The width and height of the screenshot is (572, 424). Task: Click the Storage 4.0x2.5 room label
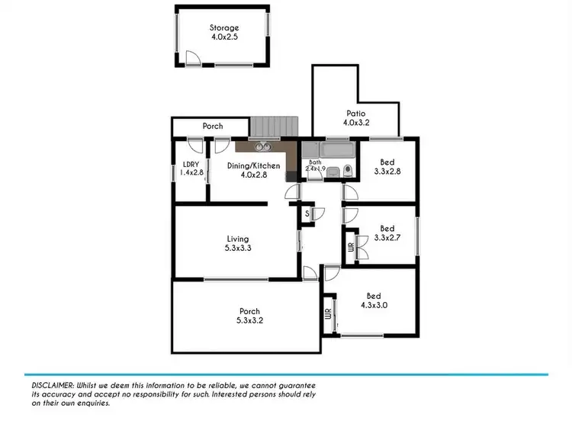(x=224, y=34)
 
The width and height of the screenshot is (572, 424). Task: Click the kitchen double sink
(x=263, y=146)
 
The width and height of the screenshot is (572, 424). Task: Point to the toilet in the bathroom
(x=347, y=171)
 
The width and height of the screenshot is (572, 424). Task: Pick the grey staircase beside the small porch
(x=275, y=127)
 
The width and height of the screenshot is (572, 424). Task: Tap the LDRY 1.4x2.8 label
(x=190, y=169)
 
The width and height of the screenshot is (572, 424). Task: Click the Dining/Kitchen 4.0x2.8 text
(x=254, y=170)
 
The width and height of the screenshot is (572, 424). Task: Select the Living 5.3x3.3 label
(x=237, y=244)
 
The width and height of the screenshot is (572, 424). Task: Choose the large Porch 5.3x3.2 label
(x=249, y=316)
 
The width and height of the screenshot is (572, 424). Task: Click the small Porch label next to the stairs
(x=213, y=126)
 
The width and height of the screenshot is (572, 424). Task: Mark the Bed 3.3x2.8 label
(x=387, y=167)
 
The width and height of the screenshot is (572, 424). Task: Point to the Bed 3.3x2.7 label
(x=387, y=233)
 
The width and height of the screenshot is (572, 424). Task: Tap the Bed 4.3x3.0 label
(x=374, y=300)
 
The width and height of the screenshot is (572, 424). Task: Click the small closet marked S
(x=307, y=214)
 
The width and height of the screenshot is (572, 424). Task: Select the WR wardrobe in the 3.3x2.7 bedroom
(x=351, y=248)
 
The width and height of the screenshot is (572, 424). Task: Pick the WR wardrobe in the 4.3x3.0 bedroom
(x=327, y=314)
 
